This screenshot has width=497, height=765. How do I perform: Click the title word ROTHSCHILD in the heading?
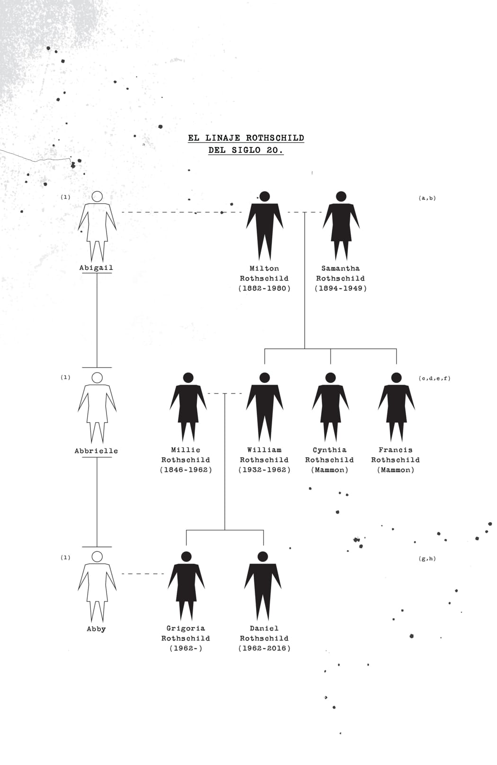275,138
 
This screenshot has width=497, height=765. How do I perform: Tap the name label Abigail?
96,268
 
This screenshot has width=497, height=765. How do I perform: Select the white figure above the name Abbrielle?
98,408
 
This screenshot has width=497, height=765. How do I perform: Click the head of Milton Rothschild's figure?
265,197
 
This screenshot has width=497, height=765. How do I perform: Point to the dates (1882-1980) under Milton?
265,288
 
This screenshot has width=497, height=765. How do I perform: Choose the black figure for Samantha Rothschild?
341,226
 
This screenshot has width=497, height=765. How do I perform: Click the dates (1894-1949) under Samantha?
341,288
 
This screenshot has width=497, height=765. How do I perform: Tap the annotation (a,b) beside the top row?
427,198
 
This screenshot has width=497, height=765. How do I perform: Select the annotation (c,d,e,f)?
435,378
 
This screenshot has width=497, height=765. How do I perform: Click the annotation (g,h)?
427,559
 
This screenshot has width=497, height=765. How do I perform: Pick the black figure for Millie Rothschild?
188,407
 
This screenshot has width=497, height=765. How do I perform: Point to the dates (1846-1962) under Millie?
186,470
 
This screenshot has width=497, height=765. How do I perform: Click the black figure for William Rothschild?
265,407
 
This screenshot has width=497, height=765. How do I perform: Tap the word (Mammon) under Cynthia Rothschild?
330,470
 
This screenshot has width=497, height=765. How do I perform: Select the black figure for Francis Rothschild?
396,407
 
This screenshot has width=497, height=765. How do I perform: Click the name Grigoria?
186,629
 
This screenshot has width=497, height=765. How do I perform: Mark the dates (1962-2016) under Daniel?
265,648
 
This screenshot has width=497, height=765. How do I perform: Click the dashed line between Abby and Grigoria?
143,574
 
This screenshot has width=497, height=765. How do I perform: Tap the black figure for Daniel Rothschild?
263,586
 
